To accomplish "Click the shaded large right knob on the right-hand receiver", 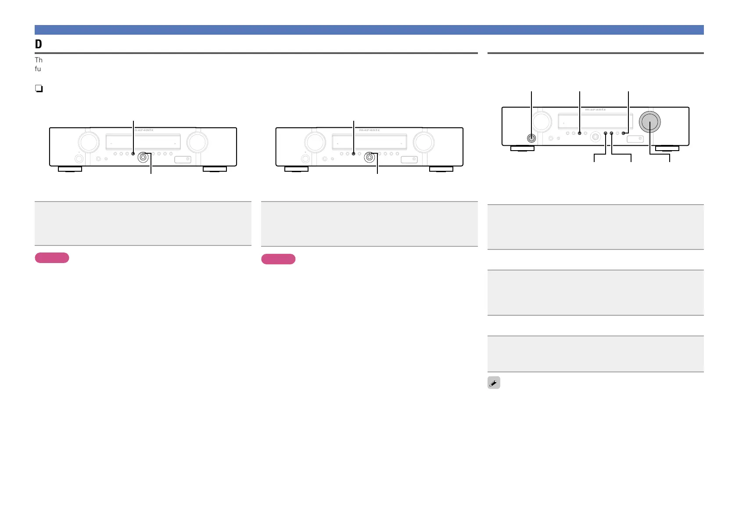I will point(649,122).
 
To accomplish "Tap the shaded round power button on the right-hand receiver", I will point(531,138).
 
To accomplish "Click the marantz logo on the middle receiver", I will point(369,130).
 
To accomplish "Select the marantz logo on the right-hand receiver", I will point(596,109).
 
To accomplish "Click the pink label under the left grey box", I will point(52,258).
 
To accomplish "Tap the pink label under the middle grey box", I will point(278,259).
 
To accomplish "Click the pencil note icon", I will point(494,383).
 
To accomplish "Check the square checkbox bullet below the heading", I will point(39,89).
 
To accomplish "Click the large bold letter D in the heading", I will point(39,44).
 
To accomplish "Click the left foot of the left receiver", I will point(70,169).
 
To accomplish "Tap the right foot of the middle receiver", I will point(441,169).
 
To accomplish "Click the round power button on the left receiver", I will point(79,159).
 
